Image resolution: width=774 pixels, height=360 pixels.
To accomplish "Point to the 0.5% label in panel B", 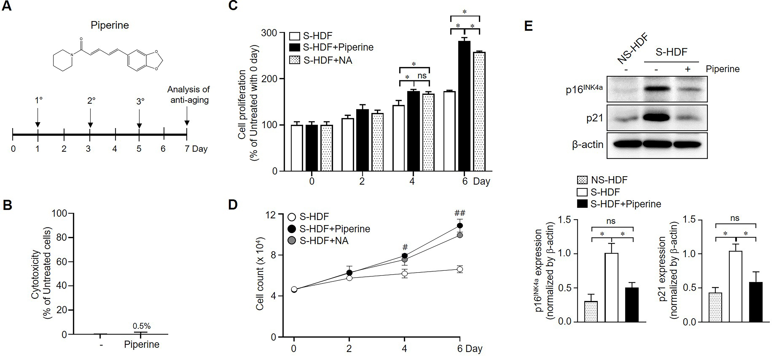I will [142, 326].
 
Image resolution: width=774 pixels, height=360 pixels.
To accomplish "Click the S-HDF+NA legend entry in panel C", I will [328, 60].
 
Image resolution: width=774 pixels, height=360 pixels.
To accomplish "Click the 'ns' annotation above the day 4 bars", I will [422, 76].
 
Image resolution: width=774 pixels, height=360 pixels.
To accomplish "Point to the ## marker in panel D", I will [460, 213].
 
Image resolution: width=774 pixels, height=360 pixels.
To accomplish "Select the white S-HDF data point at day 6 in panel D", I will [460, 269].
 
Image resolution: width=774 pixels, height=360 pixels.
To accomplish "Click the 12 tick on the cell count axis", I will [270, 215].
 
